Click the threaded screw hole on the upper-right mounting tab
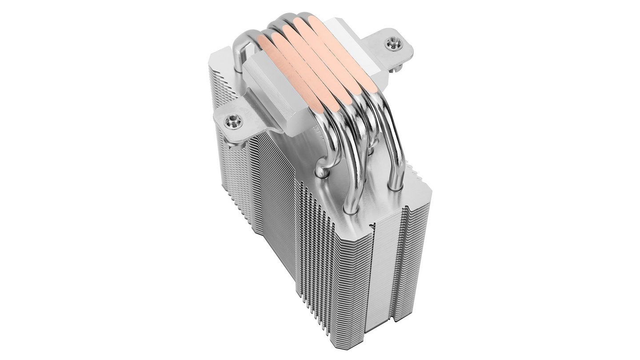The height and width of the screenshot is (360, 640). pos(392,43)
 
